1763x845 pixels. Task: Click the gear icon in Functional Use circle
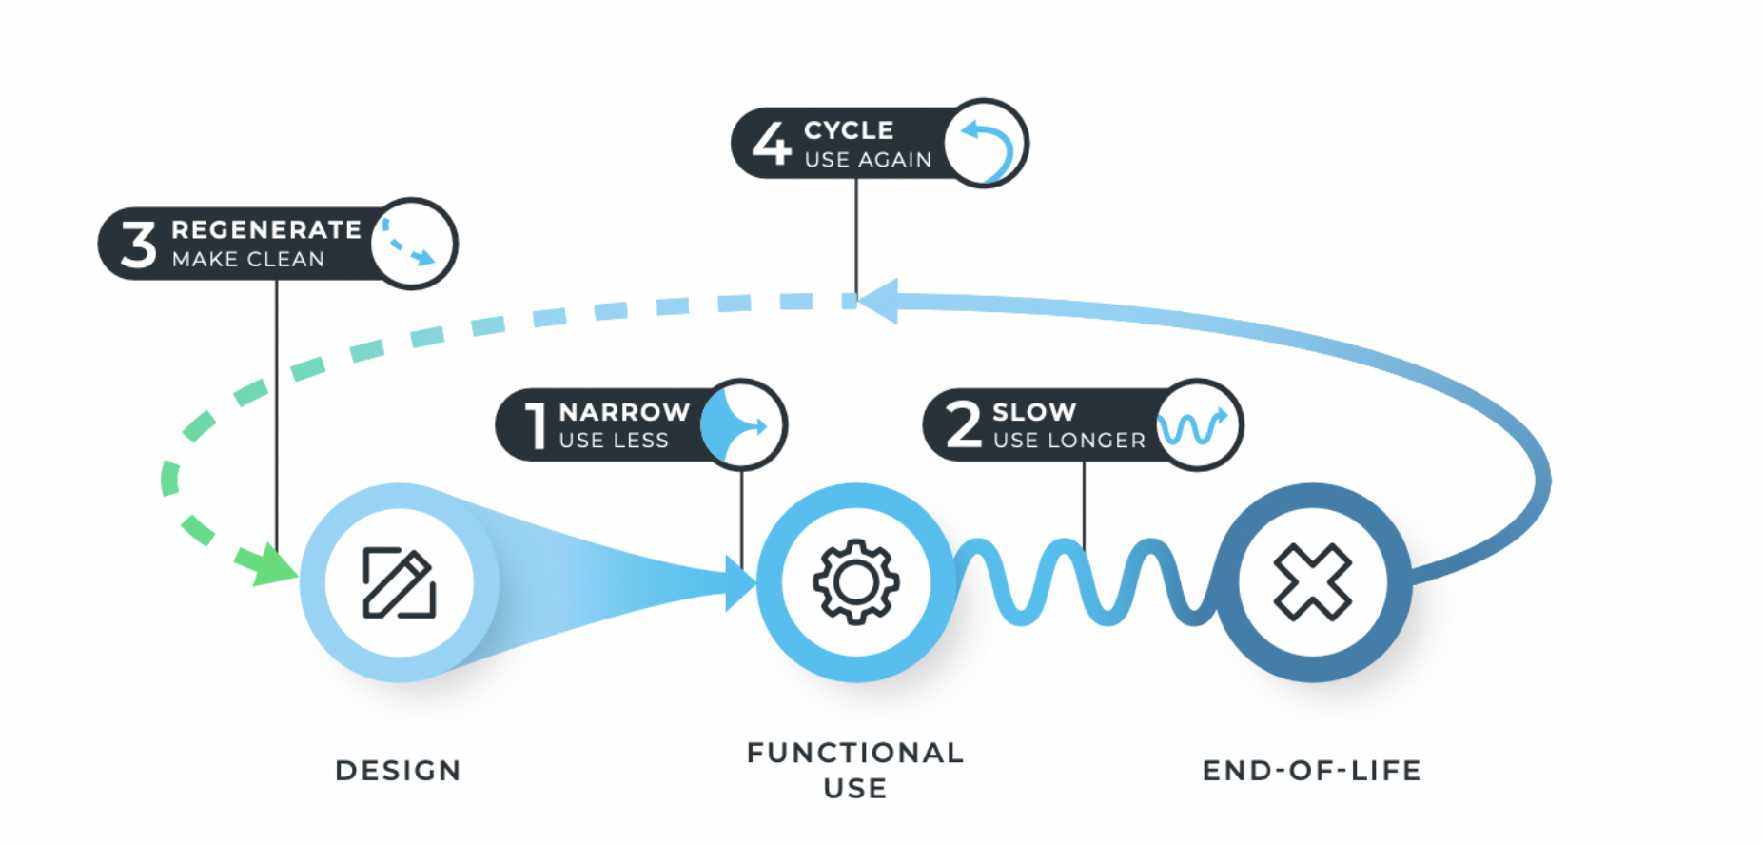click(855, 582)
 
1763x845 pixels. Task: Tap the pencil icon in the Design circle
click(400, 582)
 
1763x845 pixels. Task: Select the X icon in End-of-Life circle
click(1312, 582)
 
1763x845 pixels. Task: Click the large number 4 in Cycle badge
click(772, 143)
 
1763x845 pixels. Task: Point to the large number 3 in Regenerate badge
click(139, 245)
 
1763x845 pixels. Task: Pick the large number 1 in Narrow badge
click(537, 424)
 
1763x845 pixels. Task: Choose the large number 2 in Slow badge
click(963, 424)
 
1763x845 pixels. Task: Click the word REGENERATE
click(266, 230)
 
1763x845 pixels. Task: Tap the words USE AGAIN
click(868, 160)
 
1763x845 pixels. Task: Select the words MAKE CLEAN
click(248, 259)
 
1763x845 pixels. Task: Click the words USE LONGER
click(1068, 440)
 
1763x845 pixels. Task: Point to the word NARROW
click(624, 412)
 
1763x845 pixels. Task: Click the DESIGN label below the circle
click(398, 770)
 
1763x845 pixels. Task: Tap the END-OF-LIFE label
click(1312, 770)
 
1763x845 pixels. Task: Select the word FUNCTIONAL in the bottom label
click(855, 753)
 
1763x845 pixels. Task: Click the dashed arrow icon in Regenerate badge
click(410, 244)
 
